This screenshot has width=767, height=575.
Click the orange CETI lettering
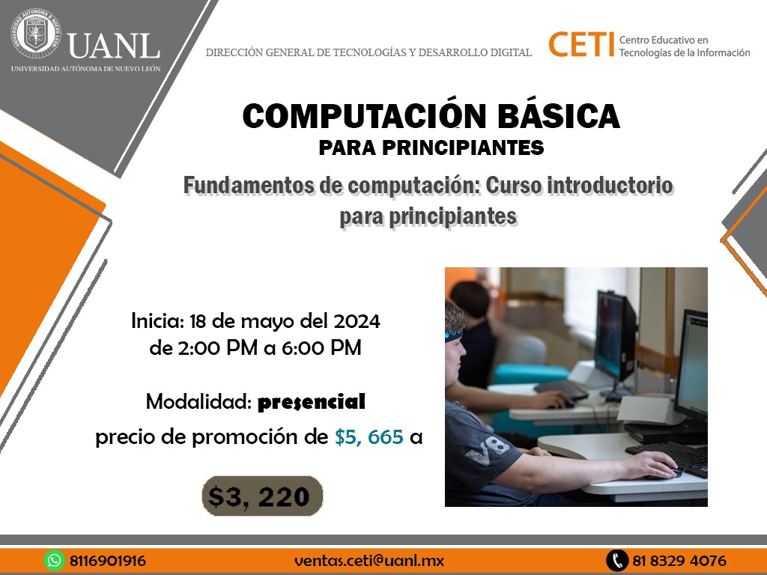click(581, 44)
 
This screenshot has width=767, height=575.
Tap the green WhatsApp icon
click(54, 560)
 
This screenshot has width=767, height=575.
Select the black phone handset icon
click(616, 560)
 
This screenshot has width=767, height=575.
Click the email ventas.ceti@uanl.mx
click(369, 560)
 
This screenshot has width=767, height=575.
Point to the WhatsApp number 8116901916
click(108, 560)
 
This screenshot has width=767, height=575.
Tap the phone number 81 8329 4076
click(679, 560)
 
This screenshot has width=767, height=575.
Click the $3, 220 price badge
click(263, 496)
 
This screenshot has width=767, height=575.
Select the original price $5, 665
click(369, 437)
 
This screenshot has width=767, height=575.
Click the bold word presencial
click(311, 402)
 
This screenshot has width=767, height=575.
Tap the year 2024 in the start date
click(357, 321)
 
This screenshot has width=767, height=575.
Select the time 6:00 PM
click(321, 348)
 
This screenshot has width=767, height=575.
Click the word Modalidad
click(198, 402)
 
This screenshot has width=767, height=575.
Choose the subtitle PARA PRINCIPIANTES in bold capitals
click(431, 147)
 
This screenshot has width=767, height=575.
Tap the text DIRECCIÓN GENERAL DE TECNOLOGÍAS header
click(369, 52)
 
